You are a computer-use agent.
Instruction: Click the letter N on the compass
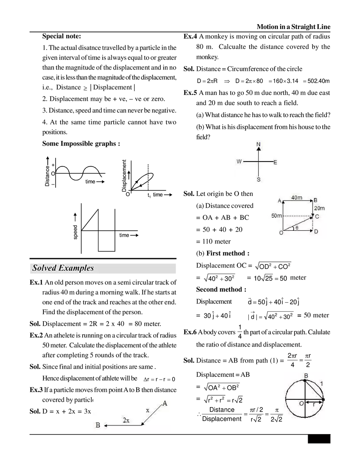(x=258, y=144)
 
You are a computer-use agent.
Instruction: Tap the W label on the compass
(x=239, y=162)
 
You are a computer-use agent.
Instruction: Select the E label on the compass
(x=275, y=162)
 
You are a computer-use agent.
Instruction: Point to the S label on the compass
(x=259, y=179)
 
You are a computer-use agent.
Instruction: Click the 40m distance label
(x=297, y=198)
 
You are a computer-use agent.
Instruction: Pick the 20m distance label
(x=319, y=208)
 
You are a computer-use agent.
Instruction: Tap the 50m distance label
(x=276, y=216)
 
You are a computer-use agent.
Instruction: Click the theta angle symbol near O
(x=297, y=228)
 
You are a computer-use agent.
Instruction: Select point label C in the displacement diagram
(x=317, y=216)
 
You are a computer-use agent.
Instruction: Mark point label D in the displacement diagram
(x=316, y=232)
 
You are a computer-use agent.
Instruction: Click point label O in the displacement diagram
(x=281, y=233)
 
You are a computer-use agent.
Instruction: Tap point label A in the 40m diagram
(x=279, y=201)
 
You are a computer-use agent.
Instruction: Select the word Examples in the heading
(x=76, y=268)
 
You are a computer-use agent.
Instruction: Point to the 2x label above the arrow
(x=126, y=420)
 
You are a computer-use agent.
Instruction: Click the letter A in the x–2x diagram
(x=164, y=403)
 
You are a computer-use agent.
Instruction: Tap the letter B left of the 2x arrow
(x=98, y=425)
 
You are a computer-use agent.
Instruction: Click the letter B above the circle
(x=306, y=375)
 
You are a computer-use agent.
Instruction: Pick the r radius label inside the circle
(x=313, y=404)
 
